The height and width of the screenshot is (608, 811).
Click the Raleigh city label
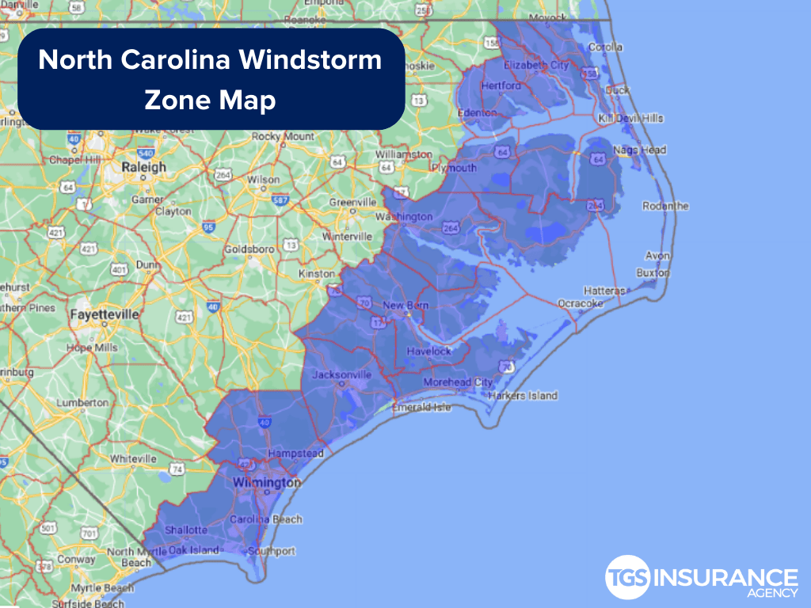pos(143,167)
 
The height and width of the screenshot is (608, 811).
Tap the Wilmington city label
pos(266,482)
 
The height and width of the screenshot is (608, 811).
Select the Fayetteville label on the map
pos(104,314)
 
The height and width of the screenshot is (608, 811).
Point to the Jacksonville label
pos(342,374)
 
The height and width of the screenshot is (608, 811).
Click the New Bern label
pos(405,306)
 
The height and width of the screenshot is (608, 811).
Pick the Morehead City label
pos(458,382)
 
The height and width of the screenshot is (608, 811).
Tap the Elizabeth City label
pos(536,65)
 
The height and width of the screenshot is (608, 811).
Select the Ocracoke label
pos(581,303)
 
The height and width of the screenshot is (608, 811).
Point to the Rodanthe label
pos(665,206)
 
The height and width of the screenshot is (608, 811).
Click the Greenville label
pos(352,203)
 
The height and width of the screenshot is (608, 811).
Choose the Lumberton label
pos(82,402)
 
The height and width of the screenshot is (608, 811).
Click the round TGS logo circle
pos(628,579)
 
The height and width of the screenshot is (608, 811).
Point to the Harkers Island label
pos(523,395)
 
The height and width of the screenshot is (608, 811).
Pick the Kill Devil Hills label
pos(631,118)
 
